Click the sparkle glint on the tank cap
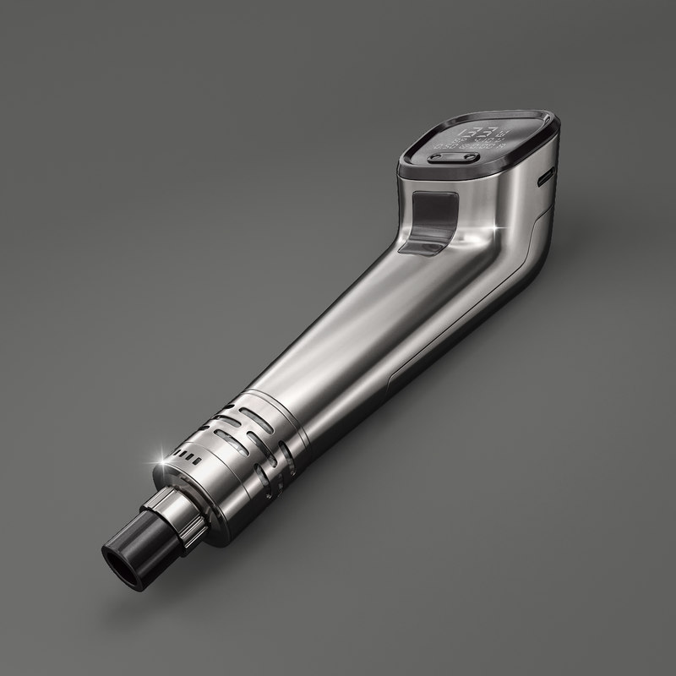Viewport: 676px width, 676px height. (x=157, y=455)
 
